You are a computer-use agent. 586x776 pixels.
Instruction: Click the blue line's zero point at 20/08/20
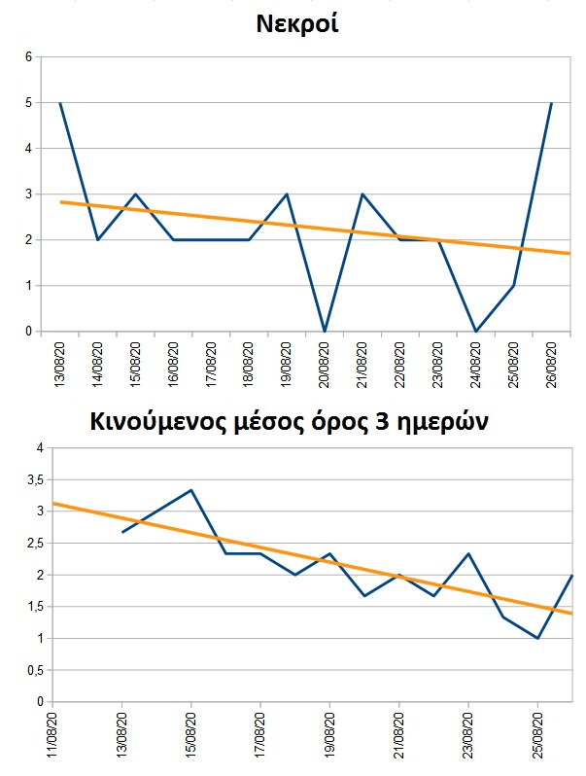coord(324,332)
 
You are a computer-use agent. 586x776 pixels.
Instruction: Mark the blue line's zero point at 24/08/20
coord(475,332)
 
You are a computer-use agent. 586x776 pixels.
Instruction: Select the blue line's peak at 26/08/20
coord(551,103)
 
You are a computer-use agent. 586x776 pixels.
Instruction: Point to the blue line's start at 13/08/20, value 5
coord(60,103)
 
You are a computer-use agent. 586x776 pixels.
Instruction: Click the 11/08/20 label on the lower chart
coord(52,736)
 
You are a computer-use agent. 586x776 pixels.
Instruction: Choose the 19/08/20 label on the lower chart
coord(329,736)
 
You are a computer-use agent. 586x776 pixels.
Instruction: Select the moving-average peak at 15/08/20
coord(191,490)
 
